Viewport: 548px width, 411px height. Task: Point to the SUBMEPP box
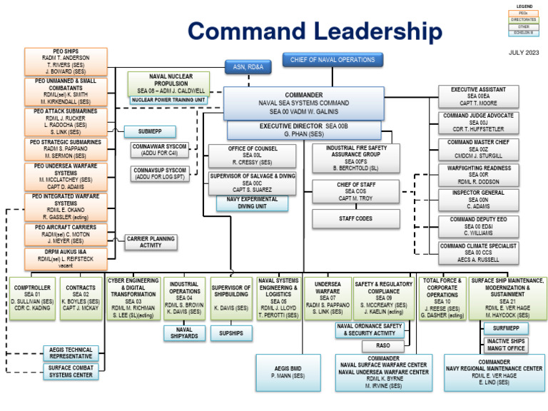click(150, 131)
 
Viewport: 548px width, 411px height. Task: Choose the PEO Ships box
click(66, 62)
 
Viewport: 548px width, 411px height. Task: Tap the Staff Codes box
click(355, 219)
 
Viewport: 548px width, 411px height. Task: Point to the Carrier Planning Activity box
click(151, 242)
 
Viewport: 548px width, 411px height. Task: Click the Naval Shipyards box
click(184, 333)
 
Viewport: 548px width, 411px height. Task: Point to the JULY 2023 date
click(524, 53)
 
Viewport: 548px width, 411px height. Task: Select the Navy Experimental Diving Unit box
click(252, 203)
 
